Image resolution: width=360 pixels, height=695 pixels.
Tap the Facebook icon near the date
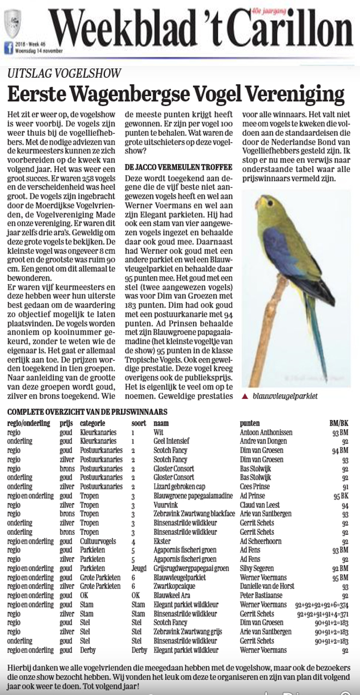tap(8, 48)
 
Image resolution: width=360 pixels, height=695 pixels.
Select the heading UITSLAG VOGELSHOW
tap(64, 74)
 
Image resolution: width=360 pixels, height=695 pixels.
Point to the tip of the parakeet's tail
tap(324, 379)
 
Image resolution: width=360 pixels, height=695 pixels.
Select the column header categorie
tap(93, 423)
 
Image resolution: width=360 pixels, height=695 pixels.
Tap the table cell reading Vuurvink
tap(166, 505)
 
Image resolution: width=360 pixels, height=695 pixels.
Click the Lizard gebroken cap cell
tap(179, 487)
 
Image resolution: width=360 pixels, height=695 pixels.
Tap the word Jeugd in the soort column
tap(139, 568)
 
